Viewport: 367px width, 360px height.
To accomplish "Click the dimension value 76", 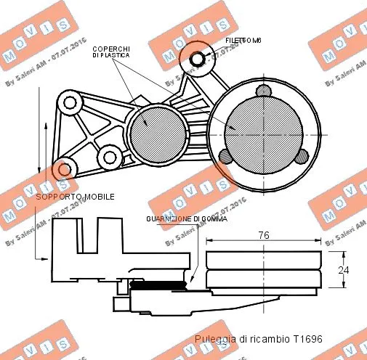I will [x=265, y=234].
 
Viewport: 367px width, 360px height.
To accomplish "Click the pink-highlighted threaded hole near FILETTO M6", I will [x=198, y=58].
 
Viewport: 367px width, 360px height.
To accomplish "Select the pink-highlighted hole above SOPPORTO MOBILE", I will [x=65, y=169].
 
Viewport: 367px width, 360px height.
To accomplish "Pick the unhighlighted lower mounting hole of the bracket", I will [x=110, y=155].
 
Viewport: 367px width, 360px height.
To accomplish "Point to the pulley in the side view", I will [x=264, y=273].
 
